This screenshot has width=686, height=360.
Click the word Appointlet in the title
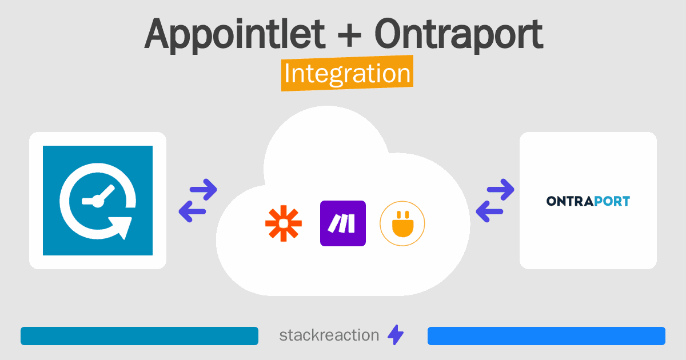pyautogui.click(x=234, y=34)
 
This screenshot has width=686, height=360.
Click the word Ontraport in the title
pyautogui.click(x=458, y=34)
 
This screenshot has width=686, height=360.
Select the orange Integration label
pyautogui.click(x=348, y=73)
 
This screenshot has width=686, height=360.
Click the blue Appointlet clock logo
pyautogui.click(x=98, y=201)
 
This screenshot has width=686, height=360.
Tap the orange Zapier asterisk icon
pyautogui.click(x=284, y=223)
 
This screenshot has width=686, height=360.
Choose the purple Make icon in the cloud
pyautogui.click(x=343, y=223)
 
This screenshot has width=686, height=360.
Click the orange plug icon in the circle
pyautogui.click(x=402, y=223)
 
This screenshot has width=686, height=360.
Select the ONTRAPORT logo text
pyautogui.click(x=588, y=201)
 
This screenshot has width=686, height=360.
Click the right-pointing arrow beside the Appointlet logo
pyautogui.click(x=204, y=190)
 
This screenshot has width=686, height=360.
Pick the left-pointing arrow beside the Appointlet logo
pyautogui.click(x=192, y=211)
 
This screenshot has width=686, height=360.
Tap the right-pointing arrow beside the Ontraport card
pyautogui.click(x=500, y=190)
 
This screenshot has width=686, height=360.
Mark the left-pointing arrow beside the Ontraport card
pyautogui.click(x=489, y=211)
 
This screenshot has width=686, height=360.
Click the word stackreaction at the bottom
pyautogui.click(x=329, y=335)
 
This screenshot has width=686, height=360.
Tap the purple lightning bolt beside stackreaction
pyautogui.click(x=396, y=335)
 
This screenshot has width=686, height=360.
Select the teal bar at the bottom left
pyautogui.click(x=139, y=336)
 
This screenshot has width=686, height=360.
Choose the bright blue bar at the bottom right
pyautogui.click(x=547, y=336)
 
